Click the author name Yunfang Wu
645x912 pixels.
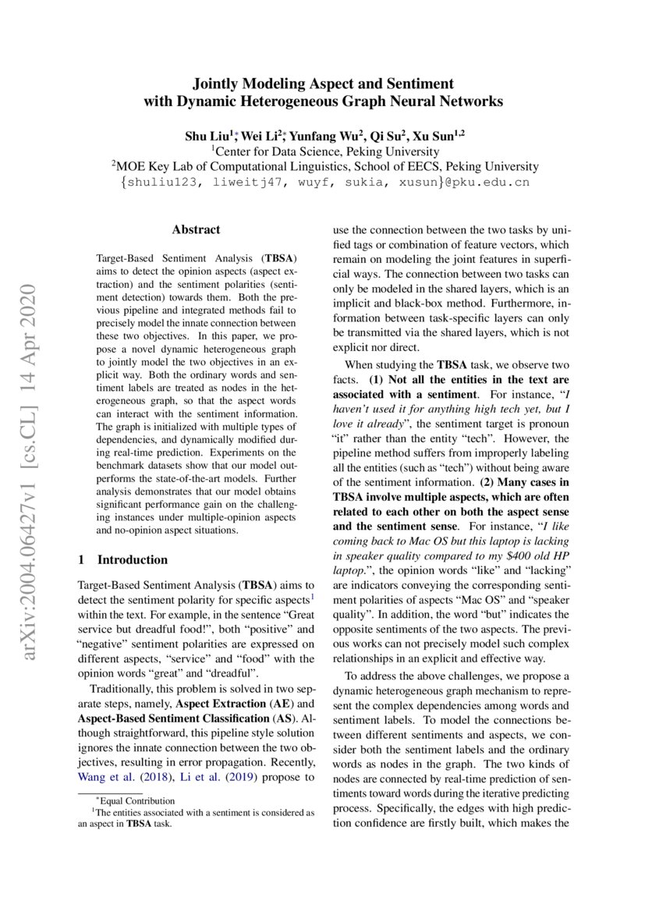click(x=328, y=136)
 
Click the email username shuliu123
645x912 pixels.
click(x=158, y=182)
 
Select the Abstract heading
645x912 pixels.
click(x=196, y=229)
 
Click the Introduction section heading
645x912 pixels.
click(x=132, y=559)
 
